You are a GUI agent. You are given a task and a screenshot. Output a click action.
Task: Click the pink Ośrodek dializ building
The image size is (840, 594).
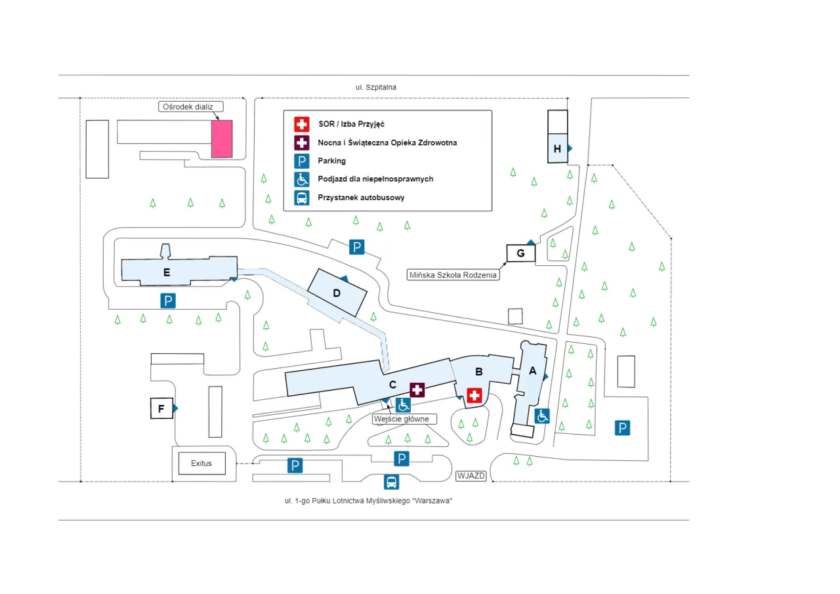[x=222, y=138]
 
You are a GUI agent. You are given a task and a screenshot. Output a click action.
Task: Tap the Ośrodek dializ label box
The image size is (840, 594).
[x=191, y=106]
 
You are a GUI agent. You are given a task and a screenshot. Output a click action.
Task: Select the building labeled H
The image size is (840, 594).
[x=557, y=148]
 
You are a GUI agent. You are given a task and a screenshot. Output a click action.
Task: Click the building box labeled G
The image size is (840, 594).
[x=521, y=253]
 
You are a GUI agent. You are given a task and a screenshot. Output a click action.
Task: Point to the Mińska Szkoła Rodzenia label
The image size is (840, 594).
[x=452, y=275]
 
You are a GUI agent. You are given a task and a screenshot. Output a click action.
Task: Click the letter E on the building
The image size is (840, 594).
[x=167, y=272]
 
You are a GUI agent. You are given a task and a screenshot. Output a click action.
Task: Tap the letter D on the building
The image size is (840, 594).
[x=337, y=293]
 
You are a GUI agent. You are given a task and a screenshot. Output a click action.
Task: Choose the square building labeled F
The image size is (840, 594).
[x=161, y=409]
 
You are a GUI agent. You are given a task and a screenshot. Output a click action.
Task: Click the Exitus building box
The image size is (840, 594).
[x=201, y=463]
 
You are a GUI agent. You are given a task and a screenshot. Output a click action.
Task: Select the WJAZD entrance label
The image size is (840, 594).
[x=471, y=476]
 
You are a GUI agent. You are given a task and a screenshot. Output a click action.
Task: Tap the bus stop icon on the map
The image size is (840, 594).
[x=391, y=482]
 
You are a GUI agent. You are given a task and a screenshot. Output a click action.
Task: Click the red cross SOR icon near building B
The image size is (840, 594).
[x=474, y=395]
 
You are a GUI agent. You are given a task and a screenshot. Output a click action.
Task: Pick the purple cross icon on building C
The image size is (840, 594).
[x=417, y=390]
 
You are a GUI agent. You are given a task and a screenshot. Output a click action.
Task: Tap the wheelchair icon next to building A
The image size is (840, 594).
[x=542, y=415]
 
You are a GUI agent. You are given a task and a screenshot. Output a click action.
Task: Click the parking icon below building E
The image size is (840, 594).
[x=169, y=301]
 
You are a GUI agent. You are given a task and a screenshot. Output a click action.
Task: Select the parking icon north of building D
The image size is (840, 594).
[x=356, y=247]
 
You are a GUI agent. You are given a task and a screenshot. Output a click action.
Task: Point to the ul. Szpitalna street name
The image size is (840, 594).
[x=376, y=87]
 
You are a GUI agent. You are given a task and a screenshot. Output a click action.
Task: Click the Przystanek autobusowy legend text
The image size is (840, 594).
[x=360, y=198]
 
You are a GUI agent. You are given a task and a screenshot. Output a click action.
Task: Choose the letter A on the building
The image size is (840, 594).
[x=533, y=371]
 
